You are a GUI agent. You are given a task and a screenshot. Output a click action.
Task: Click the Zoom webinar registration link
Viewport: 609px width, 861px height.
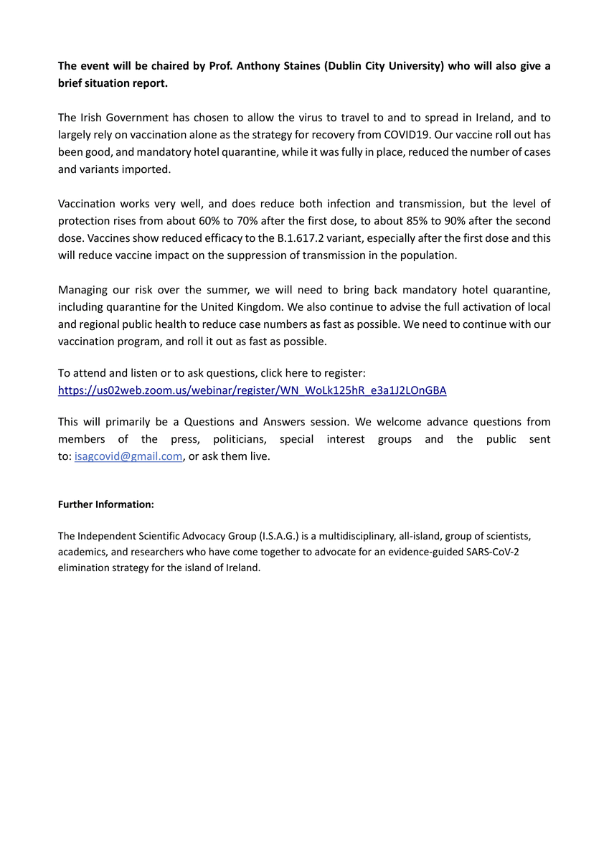coord(252,391)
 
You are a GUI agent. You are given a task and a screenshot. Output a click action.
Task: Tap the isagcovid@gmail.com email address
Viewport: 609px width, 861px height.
coord(128,456)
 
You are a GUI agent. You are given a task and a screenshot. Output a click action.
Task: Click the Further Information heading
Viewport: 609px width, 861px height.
coord(105,504)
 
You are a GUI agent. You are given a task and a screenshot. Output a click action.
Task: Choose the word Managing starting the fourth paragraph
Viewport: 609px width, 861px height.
coord(83,290)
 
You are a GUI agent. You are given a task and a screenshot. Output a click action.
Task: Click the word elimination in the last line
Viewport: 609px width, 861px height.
coord(82,567)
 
